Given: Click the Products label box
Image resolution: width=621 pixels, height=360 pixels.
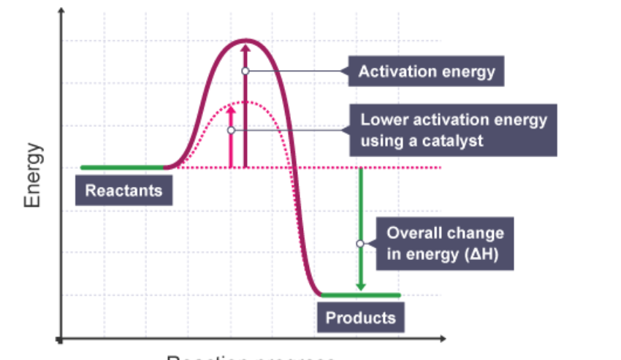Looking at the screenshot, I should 360,318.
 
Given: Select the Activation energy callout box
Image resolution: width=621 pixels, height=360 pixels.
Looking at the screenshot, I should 427,72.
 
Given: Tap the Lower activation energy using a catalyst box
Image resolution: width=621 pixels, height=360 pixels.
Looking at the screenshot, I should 453,130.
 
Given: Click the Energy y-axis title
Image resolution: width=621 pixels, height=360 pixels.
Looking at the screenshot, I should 34,175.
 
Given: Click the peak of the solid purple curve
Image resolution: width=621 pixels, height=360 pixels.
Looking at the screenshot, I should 245,40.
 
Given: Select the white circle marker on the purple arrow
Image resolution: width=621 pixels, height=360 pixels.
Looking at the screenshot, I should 245,71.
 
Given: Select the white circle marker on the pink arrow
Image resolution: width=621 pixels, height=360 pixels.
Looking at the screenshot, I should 231,130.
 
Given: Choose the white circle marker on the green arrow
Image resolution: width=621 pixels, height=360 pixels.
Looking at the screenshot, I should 360,244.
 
